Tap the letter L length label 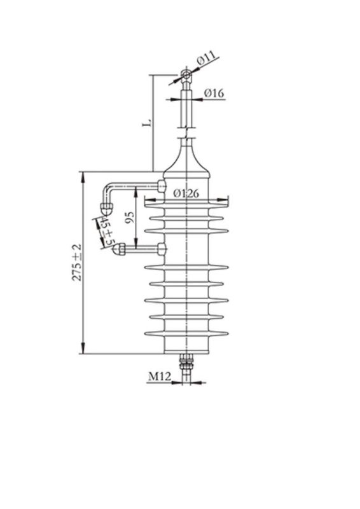[x=146, y=121]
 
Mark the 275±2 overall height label [x=77, y=262]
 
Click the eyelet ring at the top [x=185, y=76]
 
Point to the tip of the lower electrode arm [x=117, y=251]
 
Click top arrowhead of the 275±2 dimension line [x=83, y=175]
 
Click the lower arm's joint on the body [x=163, y=248]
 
